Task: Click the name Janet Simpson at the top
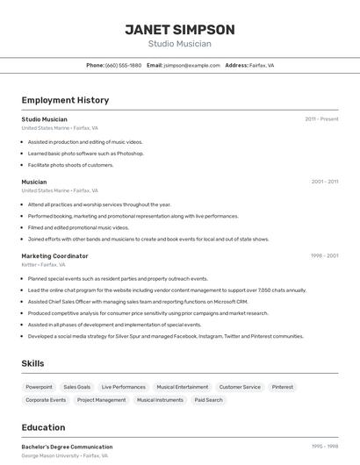coord(179,30)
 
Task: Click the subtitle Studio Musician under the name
coord(179,44)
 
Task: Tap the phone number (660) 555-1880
coord(123,66)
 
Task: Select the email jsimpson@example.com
coord(191,66)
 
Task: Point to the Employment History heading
coord(65,101)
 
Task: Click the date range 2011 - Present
coord(321,119)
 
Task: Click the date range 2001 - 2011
coord(324,182)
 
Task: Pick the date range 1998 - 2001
coord(324,256)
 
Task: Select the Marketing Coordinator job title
coord(54,256)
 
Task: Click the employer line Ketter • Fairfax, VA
coord(44,264)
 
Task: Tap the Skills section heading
coord(33,363)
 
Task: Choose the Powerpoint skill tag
coord(40,387)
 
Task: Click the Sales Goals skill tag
coord(77,387)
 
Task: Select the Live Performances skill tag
coord(124,387)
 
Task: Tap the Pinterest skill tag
coord(283,387)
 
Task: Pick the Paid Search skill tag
coord(209,400)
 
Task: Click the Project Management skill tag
coord(101,400)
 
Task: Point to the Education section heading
coord(43,427)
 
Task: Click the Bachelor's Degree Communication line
coord(67,447)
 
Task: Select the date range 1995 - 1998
coord(324,447)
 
